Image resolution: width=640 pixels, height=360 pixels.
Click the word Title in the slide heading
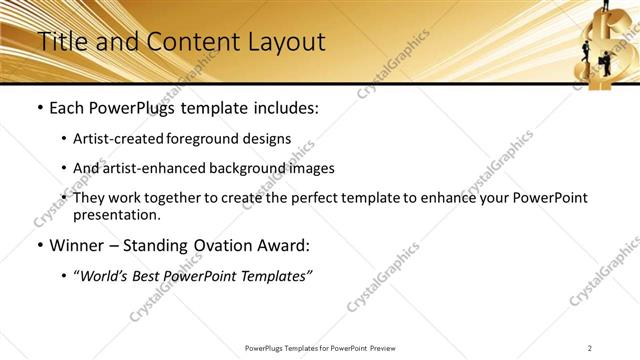click(59, 42)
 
